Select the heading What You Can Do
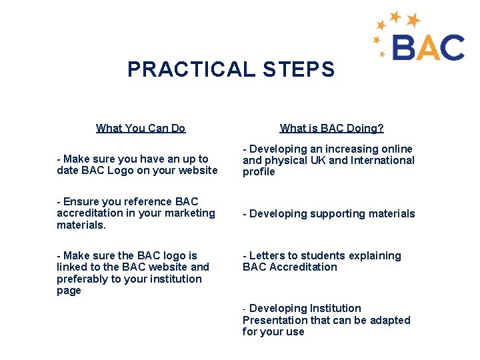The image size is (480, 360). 141,128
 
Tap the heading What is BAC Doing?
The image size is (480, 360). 331,128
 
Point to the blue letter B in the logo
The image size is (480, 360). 404,48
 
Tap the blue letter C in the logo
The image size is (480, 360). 451,48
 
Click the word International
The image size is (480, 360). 382,160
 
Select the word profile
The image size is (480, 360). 259,172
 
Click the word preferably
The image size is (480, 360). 85,279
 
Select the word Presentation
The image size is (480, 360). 275,320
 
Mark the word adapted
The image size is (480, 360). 390,320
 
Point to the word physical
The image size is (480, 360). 285,160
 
